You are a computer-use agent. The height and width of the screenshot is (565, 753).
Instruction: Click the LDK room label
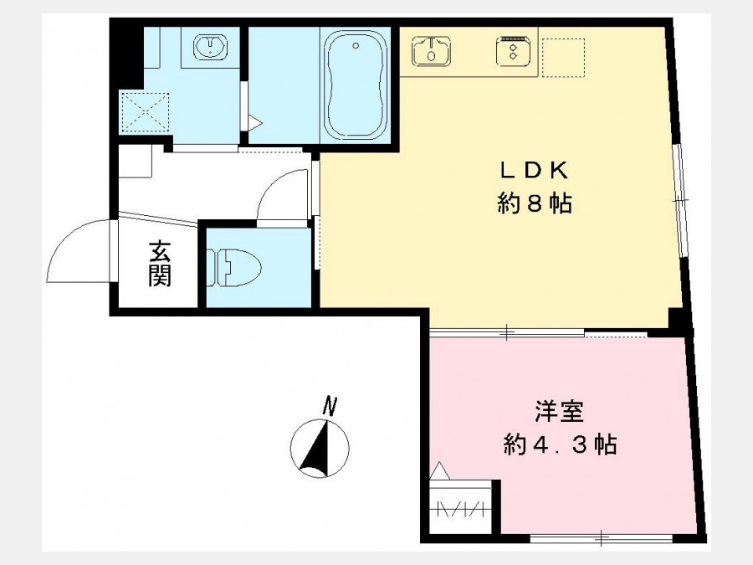coord(535,171)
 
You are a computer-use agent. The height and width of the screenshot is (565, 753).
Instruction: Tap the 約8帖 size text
coord(535,203)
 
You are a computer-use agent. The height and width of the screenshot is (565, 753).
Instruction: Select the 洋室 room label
coord(560,412)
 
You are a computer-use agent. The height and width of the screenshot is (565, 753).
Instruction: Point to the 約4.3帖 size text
coord(560,444)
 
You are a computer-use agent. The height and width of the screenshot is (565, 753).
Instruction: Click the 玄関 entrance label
coord(160,264)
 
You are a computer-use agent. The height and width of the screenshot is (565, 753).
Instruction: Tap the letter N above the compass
coord(329,406)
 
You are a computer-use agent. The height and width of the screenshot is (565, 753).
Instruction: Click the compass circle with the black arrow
coord(320,449)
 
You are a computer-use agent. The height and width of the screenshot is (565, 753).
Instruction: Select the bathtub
coord(356,85)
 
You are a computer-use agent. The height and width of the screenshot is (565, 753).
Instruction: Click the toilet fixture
coord(234,267)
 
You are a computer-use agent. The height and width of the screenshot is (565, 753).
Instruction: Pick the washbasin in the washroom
coord(210,47)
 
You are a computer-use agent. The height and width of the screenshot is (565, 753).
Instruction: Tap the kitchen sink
coord(432,51)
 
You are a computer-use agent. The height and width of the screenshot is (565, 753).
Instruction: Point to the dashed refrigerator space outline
coord(563,58)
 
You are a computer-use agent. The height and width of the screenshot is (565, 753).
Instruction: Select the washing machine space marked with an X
coord(145,112)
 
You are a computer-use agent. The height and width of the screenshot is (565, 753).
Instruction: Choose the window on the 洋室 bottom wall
coord(602,538)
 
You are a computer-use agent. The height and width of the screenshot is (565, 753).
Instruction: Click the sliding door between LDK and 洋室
coord(507,331)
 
